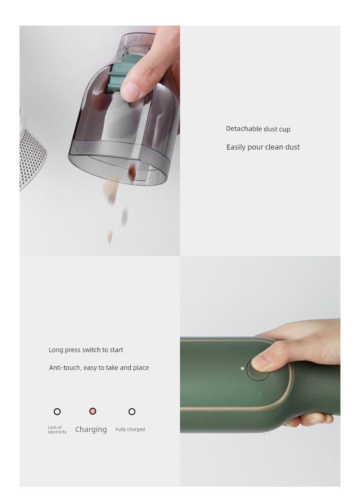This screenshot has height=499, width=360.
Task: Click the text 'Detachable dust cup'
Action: click(258, 129)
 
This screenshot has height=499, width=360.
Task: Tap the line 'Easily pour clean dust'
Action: click(263, 147)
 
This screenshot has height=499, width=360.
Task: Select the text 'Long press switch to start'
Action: click(86, 350)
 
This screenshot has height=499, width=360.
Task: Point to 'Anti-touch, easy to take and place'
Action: click(99, 368)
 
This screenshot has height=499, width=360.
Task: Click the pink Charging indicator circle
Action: click(93, 411)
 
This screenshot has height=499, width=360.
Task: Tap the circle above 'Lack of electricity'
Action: click(57, 412)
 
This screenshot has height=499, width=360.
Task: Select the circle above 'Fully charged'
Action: click(132, 412)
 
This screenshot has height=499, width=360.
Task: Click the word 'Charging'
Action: click(91, 430)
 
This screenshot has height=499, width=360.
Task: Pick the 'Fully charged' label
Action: click(130, 429)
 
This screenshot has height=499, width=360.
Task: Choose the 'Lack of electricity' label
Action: click(57, 430)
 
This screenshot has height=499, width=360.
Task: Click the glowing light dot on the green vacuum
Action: click(242, 369)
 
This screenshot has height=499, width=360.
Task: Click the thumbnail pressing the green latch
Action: click(130, 91)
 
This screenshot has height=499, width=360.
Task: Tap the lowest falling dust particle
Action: click(110, 236)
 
